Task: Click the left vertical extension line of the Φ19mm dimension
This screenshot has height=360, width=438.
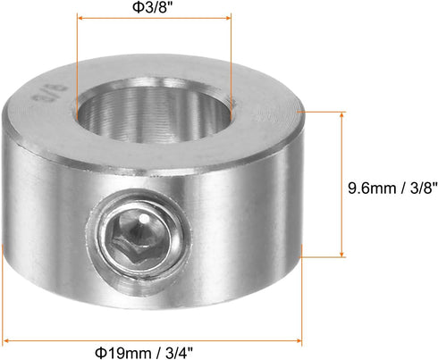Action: click(x=4, y=295)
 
